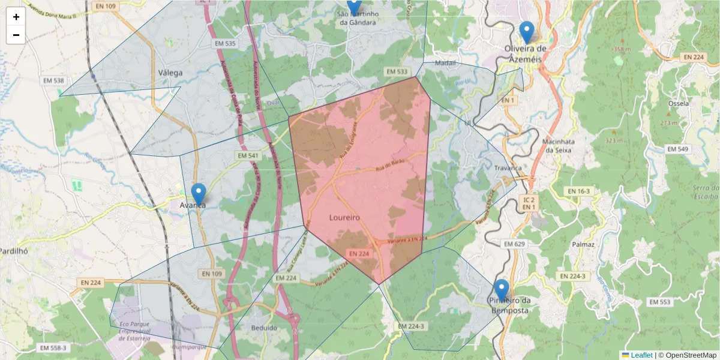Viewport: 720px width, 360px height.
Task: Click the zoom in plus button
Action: click(16, 17)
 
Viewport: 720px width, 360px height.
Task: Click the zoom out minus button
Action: click(16, 35)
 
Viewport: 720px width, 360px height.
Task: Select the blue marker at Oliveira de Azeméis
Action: click(526, 32)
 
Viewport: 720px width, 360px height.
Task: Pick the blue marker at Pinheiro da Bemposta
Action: click(501, 291)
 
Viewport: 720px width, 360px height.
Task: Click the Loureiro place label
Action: click(344, 218)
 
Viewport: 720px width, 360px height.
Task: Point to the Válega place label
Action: click(170, 73)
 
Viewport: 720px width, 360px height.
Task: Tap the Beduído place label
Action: click(264, 328)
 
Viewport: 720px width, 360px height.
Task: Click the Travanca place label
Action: click(508, 168)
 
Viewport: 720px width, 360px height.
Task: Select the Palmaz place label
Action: click(583, 245)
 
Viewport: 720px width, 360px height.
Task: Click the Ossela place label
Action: click(678, 103)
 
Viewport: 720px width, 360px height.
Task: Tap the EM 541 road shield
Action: click(247, 156)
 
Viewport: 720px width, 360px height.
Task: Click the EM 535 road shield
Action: click(225, 44)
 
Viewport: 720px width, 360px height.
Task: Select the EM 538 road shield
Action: click(53, 80)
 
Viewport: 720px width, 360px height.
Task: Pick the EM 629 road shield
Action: click(514, 244)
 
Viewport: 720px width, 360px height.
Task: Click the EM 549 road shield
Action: click(678, 149)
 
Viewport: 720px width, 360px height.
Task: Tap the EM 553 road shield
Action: click(660, 302)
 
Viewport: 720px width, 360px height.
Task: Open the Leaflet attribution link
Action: click(641, 355)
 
